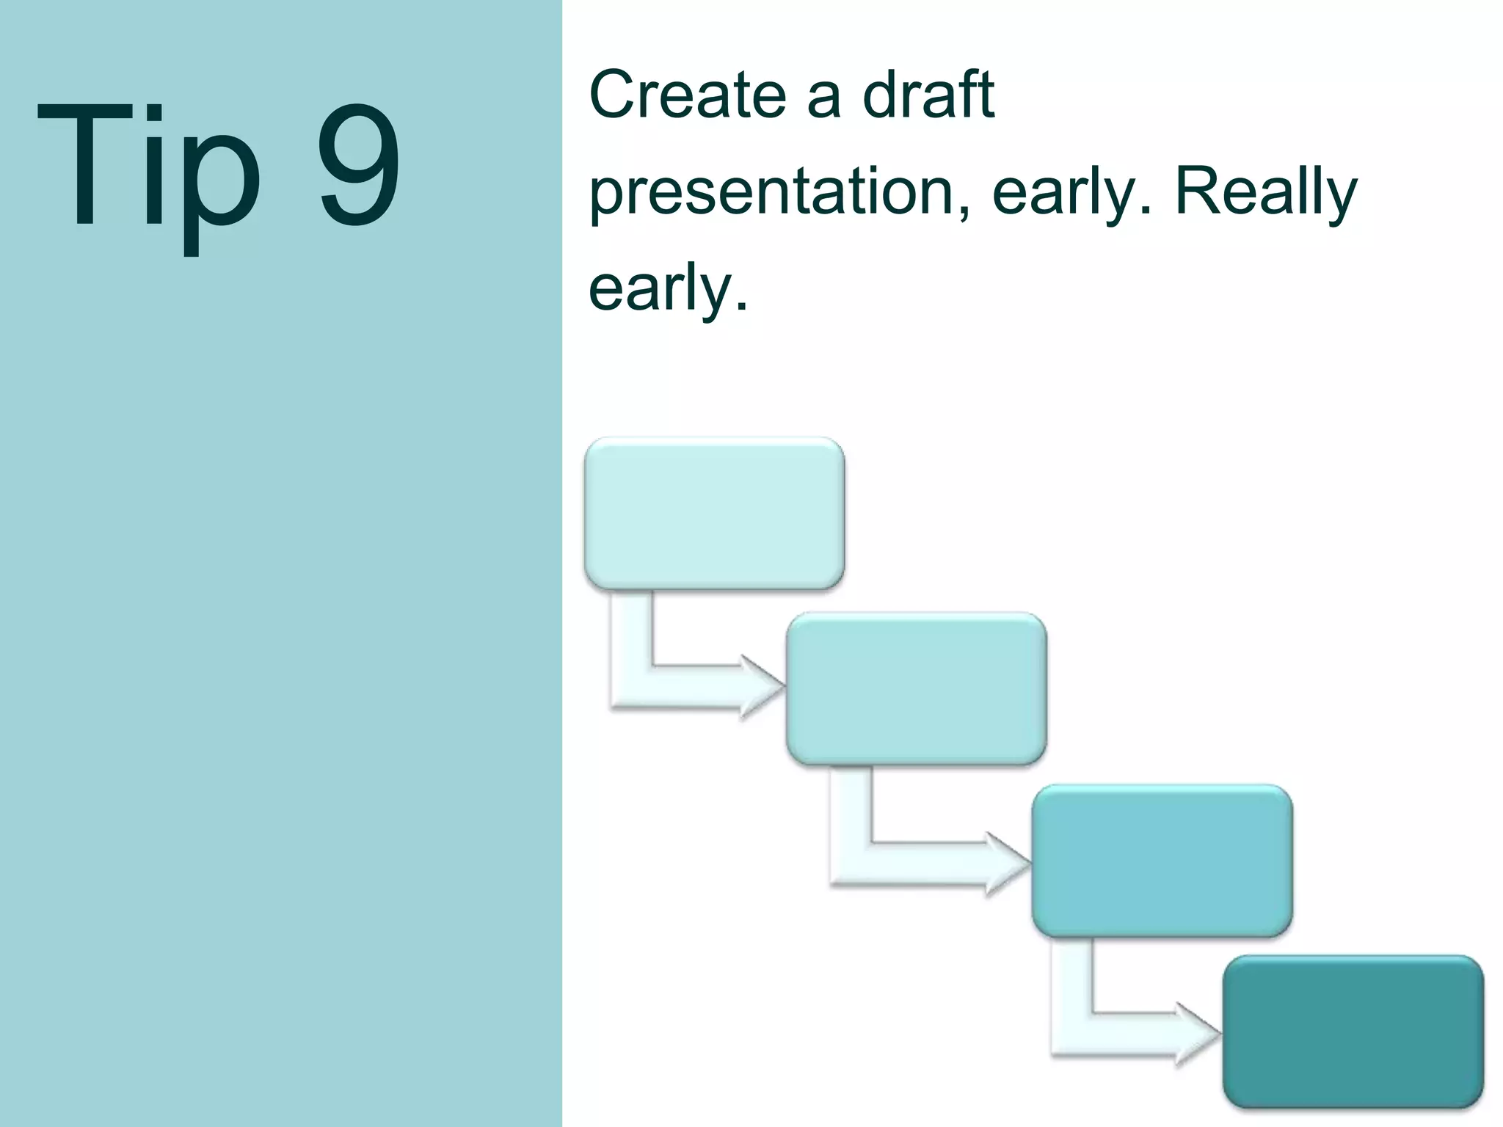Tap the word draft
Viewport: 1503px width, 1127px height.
coord(928,95)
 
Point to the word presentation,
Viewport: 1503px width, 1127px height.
coord(781,192)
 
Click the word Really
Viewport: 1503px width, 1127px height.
coord(1266,192)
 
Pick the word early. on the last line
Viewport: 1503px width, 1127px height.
coord(668,289)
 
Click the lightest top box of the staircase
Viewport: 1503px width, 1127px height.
coord(714,513)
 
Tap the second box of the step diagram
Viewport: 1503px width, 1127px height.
coord(916,688)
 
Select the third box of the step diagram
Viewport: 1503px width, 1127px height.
coord(1162,861)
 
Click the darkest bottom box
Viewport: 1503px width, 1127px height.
coord(1353,1032)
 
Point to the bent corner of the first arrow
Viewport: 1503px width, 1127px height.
coord(632,687)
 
